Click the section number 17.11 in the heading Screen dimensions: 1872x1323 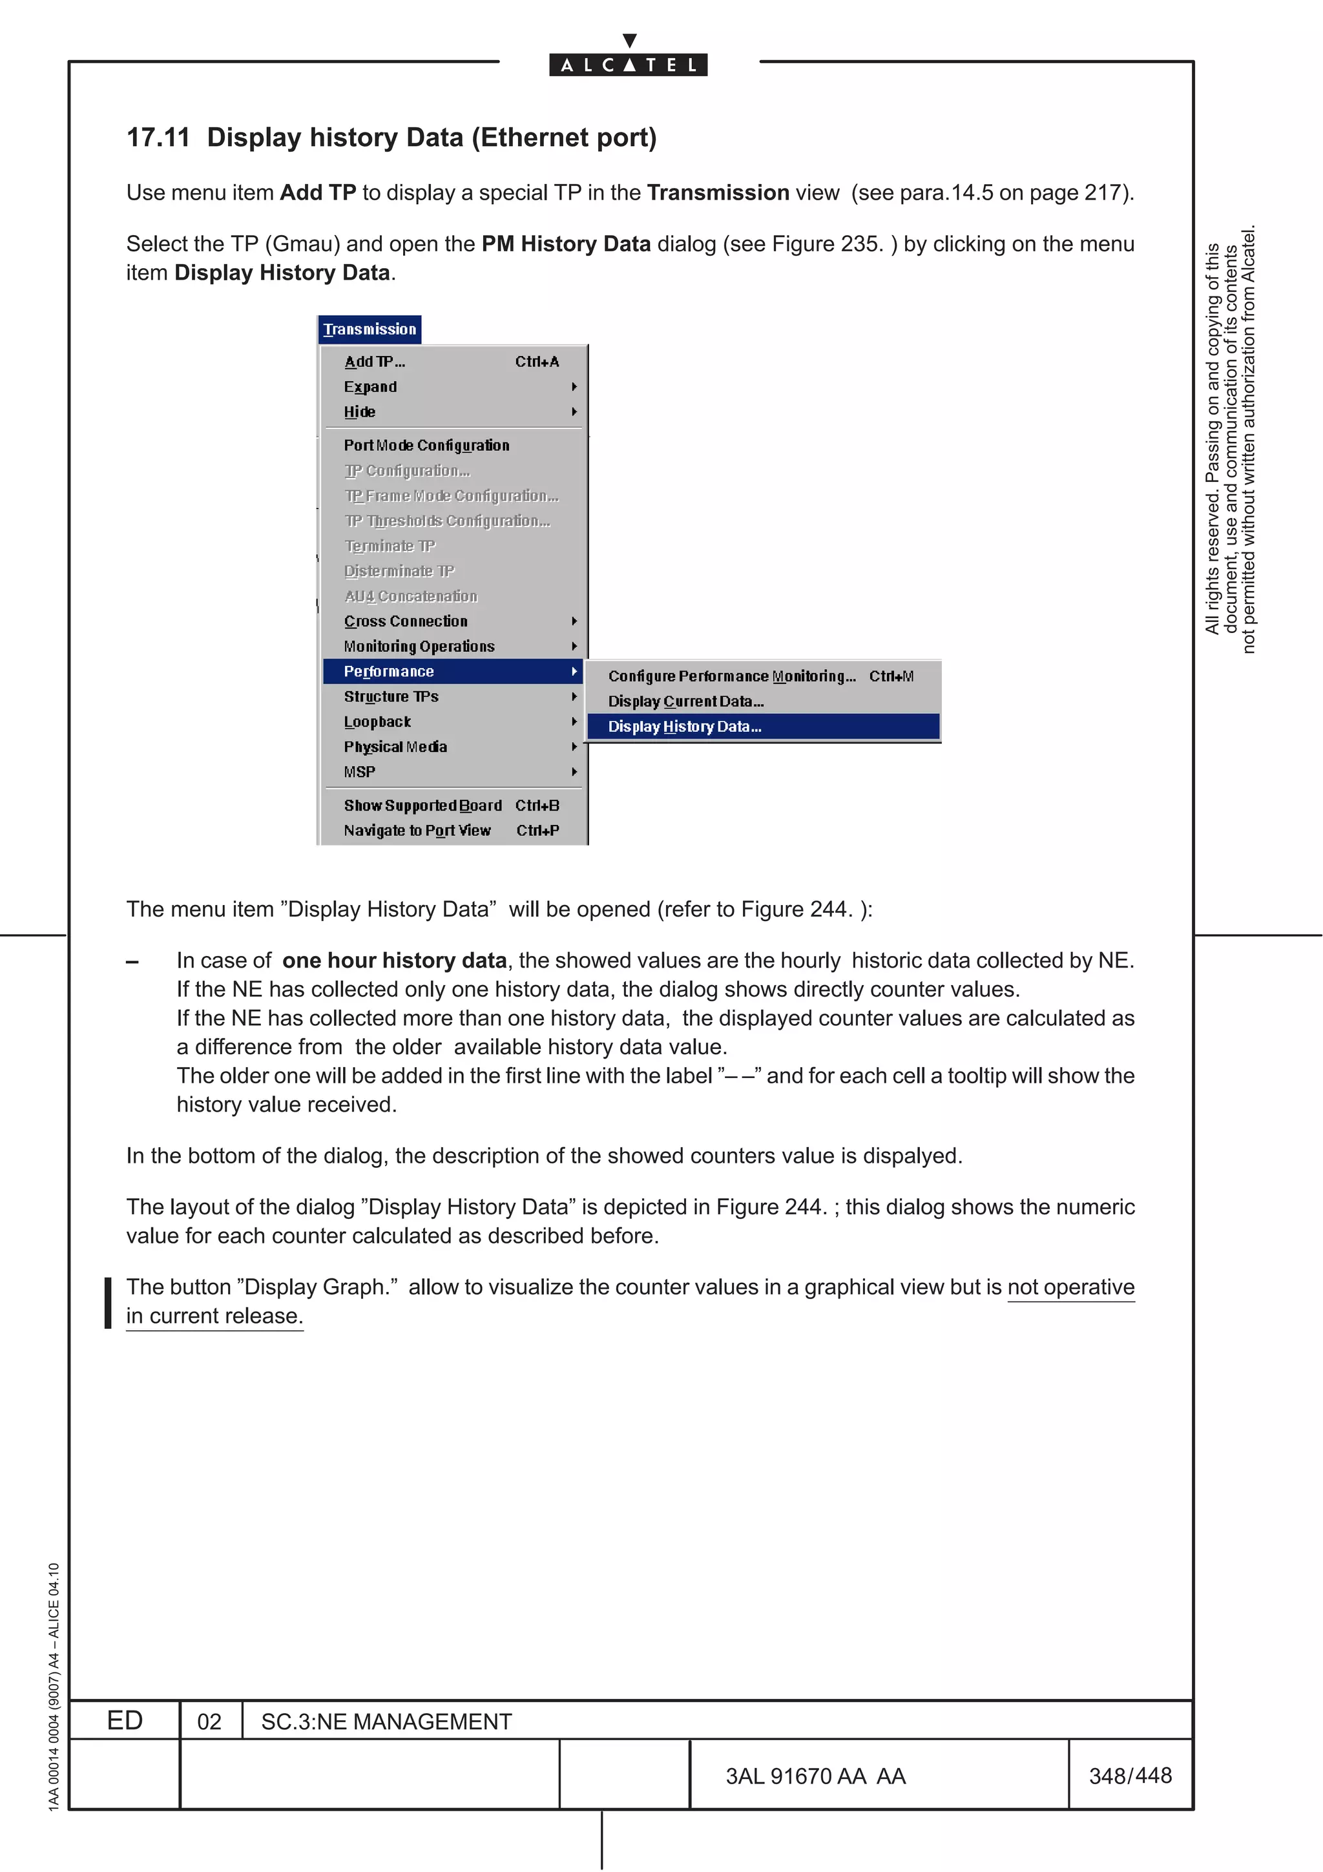[158, 138]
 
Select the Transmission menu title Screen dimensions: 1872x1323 [370, 329]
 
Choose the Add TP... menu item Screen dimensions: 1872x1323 [374, 362]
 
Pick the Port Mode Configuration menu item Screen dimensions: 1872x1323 [426, 445]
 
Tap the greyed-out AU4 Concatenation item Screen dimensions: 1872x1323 [411, 596]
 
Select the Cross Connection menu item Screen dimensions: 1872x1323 [406, 621]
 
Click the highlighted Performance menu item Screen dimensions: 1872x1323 [389, 672]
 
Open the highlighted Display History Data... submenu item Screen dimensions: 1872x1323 [685, 727]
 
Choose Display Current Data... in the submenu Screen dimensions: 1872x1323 [685, 701]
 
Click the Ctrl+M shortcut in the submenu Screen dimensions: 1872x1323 [891, 676]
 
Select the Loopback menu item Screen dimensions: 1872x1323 [377, 722]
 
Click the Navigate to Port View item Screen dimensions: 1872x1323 [417, 830]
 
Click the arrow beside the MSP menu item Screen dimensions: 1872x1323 [575, 772]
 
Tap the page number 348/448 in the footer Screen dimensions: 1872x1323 [1130, 1775]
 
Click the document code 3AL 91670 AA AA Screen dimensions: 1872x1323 [815, 1776]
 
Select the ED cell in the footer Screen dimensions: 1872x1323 [125, 1720]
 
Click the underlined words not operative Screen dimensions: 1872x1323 [1070, 1287]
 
